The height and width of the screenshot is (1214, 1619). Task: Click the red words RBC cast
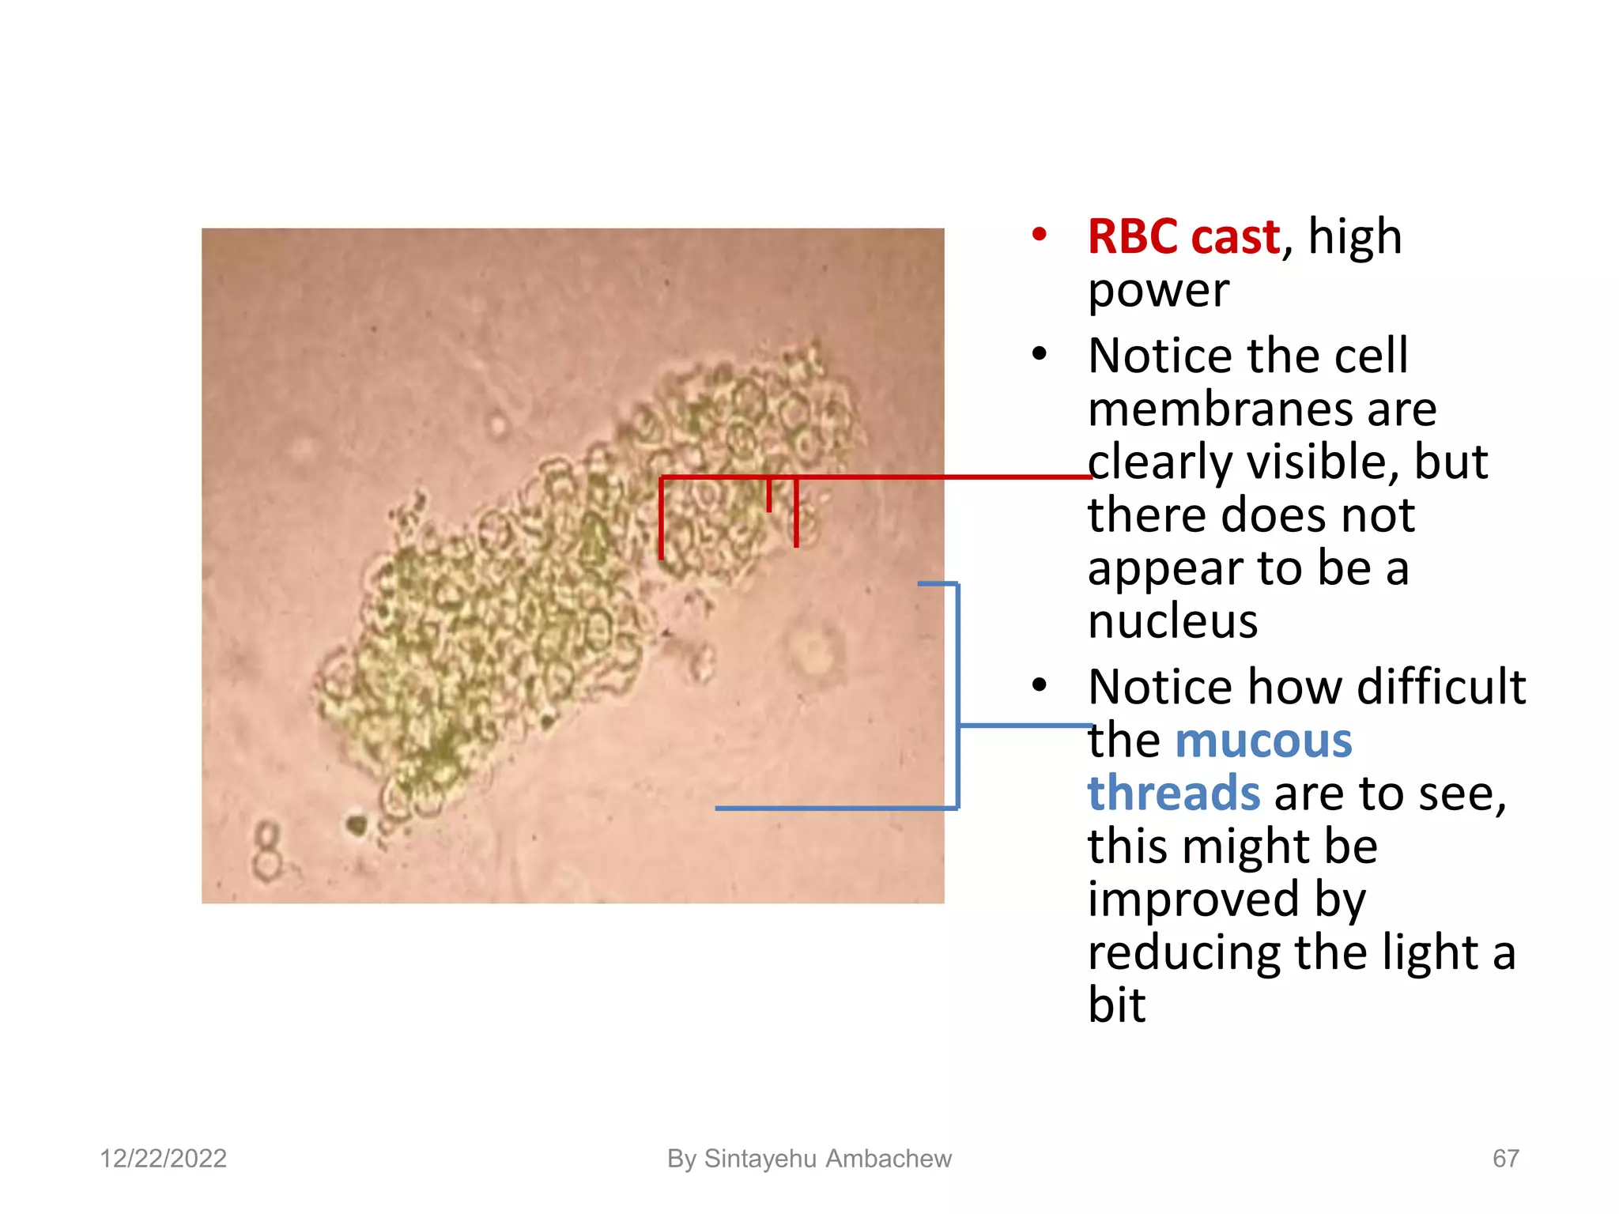pyautogui.click(x=1183, y=236)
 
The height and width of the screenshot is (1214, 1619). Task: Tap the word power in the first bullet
pyautogui.click(x=1158, y=290)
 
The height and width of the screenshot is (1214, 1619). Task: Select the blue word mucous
pyautogui.click(x=1263, y=741)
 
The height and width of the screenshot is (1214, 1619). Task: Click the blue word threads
pyautogui.click(x=1173, y=793)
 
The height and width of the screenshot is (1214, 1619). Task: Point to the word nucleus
pyautogui.click(x=1172, y=621)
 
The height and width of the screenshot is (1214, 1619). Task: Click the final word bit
pyautogui.click(x=1116, y=1005)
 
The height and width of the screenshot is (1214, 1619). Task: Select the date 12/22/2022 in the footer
pyautogui.click(x=163, y=1159)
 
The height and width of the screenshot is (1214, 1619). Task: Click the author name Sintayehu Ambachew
pyautogui.click(x=827, y=1159)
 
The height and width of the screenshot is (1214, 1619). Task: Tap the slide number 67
pyautogui.click(x=1505, y=1159)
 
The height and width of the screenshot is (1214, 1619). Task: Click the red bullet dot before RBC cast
pyautogui.click(x=1039, y=235)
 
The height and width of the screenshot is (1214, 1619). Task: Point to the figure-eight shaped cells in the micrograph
pyautogui.click(x=268, y=852)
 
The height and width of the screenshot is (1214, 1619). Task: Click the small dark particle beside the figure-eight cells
pyautogui.click(x=357, y=825)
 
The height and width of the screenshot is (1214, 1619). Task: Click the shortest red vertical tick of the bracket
pyautogui.click(x=768, y=495)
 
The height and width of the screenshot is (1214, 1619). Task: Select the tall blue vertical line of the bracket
pyautogui.click(x=958, y=696)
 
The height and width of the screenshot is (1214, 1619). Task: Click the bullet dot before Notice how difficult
pyautogui.click(x=1039, y=685)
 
